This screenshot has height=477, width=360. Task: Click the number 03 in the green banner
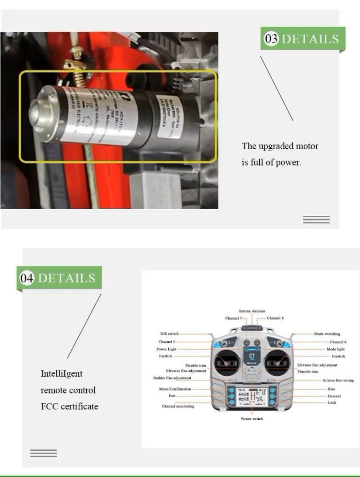pos(271,38)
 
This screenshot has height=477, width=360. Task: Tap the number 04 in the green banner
pos(27,278)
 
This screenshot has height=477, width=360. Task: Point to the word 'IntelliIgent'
pos(61,373)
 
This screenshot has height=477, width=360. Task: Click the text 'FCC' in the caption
pos(49,406)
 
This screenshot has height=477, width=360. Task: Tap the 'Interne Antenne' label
pos(252,311)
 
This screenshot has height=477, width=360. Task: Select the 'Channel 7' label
pos(233,318)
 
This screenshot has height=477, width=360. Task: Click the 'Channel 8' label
pos(275,318)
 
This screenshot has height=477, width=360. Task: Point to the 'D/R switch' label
pos(169,334)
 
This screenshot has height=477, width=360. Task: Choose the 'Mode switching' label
pos(327,334)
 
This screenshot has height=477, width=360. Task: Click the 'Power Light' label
pos(166,349)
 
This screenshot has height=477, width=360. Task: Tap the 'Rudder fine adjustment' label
pos(172,378)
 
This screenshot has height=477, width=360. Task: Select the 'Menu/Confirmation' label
pos(175,389)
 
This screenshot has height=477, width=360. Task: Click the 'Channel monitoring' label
pos(178,406)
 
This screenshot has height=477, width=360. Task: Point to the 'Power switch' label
pos(252,419)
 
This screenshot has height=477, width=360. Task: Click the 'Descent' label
pos(334,396)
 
